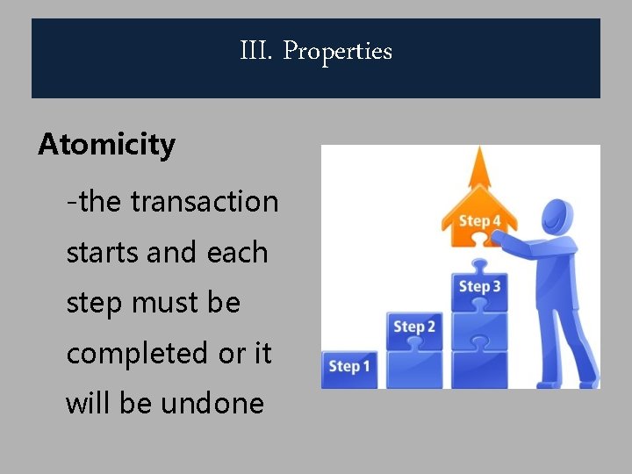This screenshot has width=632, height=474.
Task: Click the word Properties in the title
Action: tap(338, 52)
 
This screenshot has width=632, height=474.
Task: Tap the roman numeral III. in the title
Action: tap(257, 52)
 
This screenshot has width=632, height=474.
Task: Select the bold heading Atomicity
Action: tap(107, 144)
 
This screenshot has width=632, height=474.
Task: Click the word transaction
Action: tap(205, 202)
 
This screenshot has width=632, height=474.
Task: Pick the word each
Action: tap(238, 253)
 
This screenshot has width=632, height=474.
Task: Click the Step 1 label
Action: tap(349, 366)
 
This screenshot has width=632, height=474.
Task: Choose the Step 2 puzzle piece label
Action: tap(414, 327)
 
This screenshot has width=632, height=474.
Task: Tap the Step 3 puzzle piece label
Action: tap(479, 286)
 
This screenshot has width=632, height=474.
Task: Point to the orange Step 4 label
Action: tap(479, 221)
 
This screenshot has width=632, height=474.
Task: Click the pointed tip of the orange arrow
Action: tap(479, 150)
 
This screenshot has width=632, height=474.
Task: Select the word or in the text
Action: tap(232, 354)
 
